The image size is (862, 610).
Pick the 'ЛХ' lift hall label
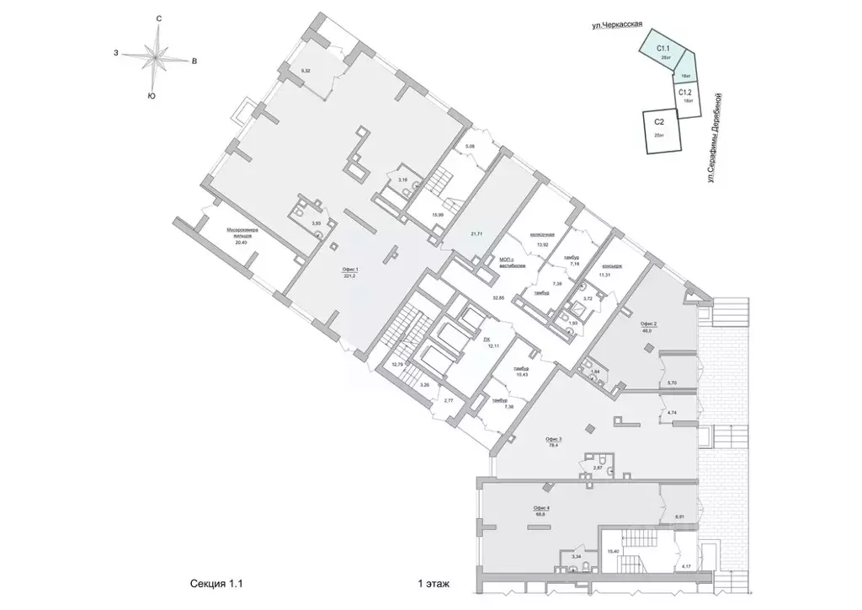(x=487, y=338)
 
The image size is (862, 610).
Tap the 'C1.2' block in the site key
(x=686, y=94)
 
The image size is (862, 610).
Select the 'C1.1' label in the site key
(x=662, y=51)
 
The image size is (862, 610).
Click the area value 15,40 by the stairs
(x=613, y=553)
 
